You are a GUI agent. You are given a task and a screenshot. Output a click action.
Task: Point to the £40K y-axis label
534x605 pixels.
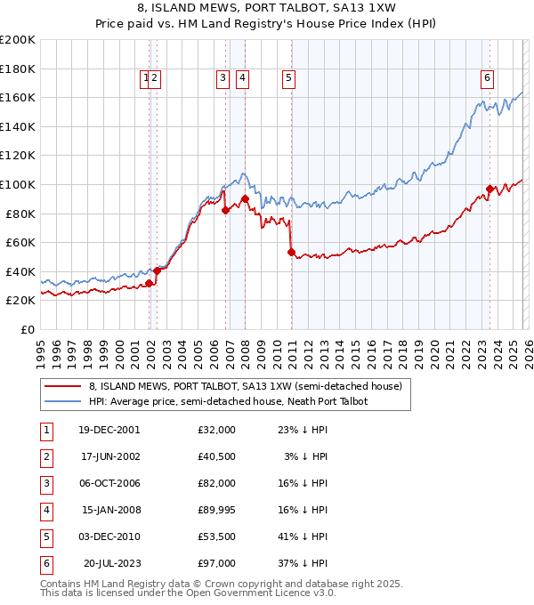[x=18, y=271]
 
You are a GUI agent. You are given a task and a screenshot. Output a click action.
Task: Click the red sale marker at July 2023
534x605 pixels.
[x=490, y=189]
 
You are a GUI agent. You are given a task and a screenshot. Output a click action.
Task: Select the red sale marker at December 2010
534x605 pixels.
[x=291, y=252]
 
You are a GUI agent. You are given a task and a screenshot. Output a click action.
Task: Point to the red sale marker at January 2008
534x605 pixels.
[x=245, y=198]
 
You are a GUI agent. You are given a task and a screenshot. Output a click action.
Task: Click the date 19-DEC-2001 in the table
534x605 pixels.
[x=109, y=430]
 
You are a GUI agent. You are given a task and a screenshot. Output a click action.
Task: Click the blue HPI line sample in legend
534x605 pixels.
[x=62, y=401]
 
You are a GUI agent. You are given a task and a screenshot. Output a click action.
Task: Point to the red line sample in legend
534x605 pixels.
[x=62, y=386]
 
